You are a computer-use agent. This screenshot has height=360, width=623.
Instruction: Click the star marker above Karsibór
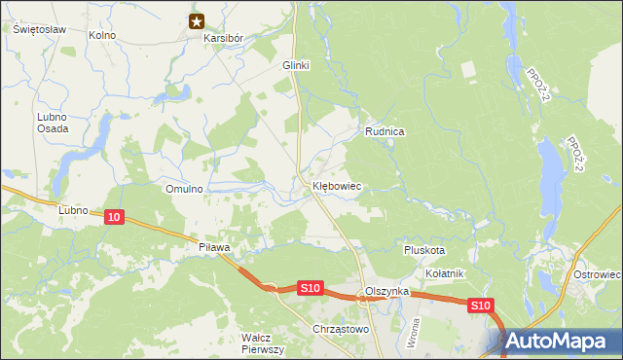pos(197,21)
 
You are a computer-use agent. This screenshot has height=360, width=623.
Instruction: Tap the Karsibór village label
pos(222,38)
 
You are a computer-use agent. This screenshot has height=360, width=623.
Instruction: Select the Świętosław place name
pos(39,29)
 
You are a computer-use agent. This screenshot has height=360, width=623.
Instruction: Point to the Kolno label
pos(101,35)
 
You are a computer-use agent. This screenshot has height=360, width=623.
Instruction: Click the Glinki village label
pos(295,65)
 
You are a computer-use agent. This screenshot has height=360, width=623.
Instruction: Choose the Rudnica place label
pos(385,130)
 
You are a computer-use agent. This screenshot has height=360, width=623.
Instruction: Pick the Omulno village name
pos(184,189)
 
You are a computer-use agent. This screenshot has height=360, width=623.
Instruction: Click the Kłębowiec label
pos(337,185)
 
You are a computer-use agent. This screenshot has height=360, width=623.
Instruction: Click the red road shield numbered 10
pos(115,221)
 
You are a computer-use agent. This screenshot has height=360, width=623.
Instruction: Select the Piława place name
pos(213,248)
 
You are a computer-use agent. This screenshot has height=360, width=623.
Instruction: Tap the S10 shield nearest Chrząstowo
pos(310,288)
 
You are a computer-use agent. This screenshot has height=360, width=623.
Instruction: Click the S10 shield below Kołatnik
pos(480,306)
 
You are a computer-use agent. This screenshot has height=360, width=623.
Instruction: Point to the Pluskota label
pos(424,250)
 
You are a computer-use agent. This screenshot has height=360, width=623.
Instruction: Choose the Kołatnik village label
pos(444,273)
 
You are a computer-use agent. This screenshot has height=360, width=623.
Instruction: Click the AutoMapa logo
pos(563,341)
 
